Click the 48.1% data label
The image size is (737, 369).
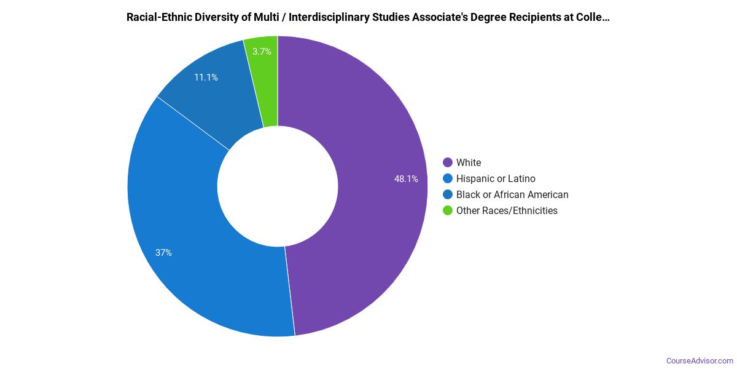406,179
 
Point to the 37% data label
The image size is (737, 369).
163,253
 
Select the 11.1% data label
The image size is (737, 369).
206,77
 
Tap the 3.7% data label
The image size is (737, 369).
262,52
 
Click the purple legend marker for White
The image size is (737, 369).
448,162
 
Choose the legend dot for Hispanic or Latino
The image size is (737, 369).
448,178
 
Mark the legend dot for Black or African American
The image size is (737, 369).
448,194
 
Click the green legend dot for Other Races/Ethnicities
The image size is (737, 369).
448,210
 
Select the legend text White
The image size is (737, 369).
469,162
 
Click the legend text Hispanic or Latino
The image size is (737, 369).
496,178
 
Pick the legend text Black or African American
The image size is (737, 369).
512,194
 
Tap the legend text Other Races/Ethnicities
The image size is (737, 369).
507,210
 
